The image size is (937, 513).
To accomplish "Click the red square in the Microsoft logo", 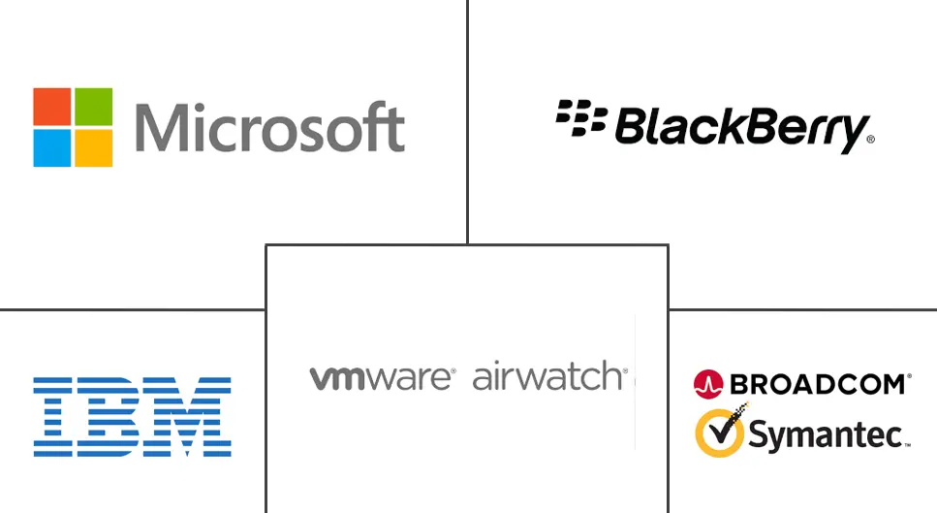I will point(52,107).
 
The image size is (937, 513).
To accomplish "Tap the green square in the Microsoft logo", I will point(93,107).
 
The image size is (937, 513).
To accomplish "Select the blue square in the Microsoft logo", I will point(52,147).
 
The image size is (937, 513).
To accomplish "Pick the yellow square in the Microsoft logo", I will point(93,147).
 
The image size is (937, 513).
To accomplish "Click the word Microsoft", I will point(269,128).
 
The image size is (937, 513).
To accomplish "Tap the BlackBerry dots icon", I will point(580,119).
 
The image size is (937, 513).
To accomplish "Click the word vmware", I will point(381,377).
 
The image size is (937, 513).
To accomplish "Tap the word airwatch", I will point(548,376).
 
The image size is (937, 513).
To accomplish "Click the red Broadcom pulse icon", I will point(709,384).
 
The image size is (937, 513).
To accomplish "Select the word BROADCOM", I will point(819,384).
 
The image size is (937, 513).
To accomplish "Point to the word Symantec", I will point(828,435).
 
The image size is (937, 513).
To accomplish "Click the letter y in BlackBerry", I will point(852,134).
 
